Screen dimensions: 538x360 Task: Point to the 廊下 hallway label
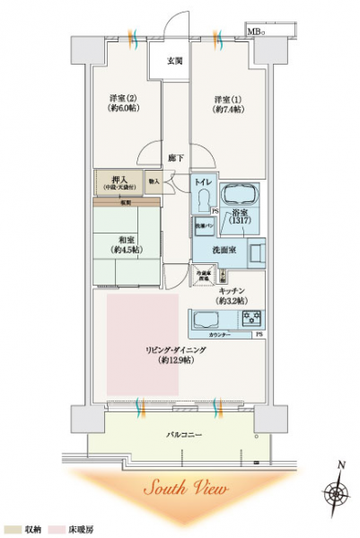[175, 158]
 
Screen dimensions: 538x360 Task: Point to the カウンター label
[218, 335]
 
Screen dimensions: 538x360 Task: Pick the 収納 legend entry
[24, 531]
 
